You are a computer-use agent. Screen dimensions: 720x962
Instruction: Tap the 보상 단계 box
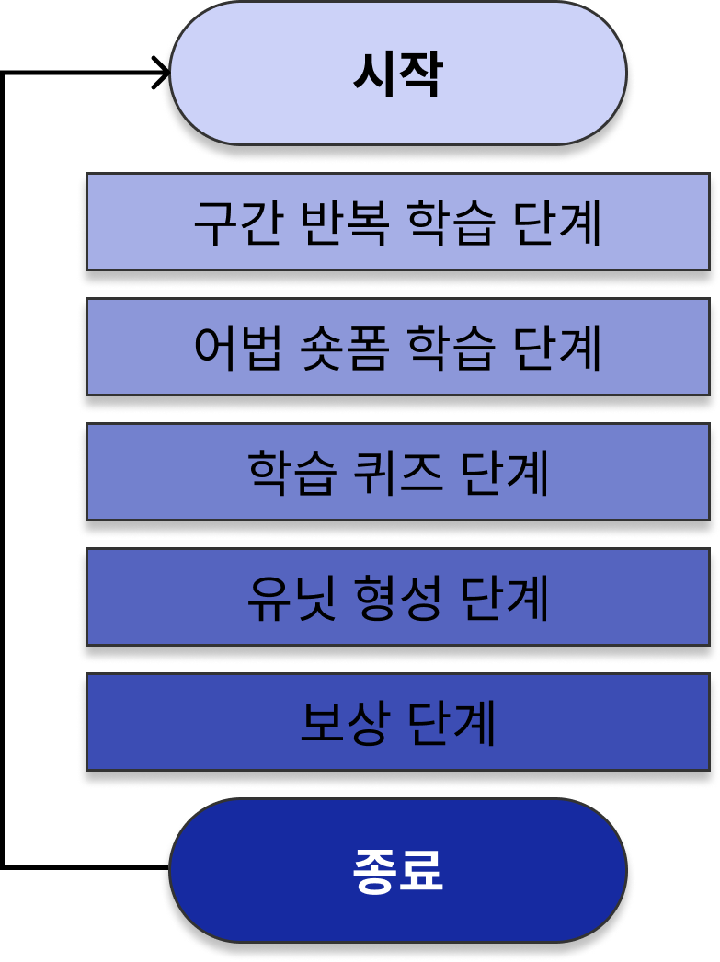(184, 722)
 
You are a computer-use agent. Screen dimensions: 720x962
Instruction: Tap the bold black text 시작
(398, 74)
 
